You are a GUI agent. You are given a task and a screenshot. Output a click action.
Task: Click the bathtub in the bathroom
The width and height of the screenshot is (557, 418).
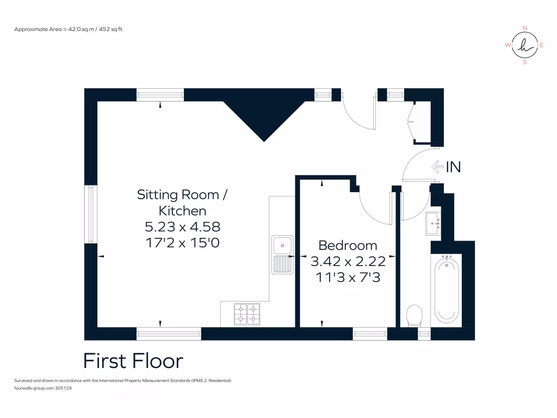tap(447, 290)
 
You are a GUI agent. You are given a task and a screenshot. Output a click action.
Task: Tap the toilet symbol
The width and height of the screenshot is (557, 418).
tap(415, 316)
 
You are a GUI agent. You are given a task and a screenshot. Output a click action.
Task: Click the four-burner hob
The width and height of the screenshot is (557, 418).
tap(247, 313)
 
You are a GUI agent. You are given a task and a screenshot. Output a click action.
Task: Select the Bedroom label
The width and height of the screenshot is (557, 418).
tap(348, 245)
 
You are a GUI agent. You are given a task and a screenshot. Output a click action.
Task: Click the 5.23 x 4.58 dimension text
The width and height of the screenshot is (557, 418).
tap(182, 226)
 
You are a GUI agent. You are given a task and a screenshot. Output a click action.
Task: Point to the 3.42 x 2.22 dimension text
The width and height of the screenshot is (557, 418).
tap(348, 261)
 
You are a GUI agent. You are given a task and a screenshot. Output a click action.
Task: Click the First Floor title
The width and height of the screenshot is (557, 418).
tap(133, 361)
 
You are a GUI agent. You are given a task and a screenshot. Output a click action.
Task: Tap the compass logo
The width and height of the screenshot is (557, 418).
tap(524, 45)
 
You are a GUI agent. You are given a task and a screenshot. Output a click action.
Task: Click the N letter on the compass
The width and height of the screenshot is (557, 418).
tap(524, 28)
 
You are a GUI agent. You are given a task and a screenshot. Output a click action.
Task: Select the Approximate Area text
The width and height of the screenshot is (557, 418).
tap(69, 29)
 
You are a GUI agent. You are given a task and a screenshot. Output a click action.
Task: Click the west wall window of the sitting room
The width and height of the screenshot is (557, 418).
tap(91, 213)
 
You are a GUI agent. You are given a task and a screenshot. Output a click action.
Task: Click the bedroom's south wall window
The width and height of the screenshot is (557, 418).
tap(370, 334)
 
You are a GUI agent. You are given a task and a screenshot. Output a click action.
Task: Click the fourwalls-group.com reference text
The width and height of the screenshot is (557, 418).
tap(43, 389)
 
